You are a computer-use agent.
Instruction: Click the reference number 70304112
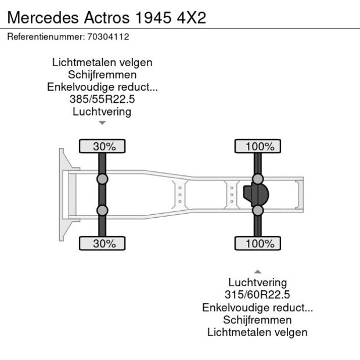pos(108,37)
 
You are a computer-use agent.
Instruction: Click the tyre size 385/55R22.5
pos(102,99)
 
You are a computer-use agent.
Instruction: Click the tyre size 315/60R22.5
pos(257,295)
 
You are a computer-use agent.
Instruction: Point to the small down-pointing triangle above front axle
pos(102,123)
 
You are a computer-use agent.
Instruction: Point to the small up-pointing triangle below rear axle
pos(258,272)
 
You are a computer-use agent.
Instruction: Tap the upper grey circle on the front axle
pos(102,179)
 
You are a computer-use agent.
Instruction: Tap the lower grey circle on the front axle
pos(102,210)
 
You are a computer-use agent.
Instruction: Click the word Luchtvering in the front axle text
pos(102,111)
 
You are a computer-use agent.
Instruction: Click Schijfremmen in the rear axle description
pos(257,320)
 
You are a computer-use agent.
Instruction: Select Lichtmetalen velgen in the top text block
pos(102,62)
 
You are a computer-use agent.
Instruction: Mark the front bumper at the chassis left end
pos(62,195)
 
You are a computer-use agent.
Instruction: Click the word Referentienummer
pos(45,37)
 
